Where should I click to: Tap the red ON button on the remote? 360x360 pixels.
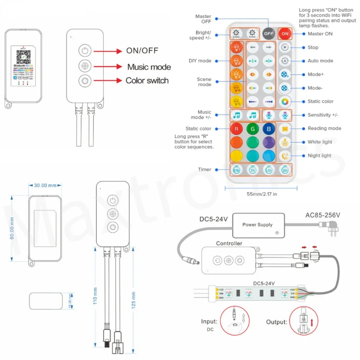point(285,34)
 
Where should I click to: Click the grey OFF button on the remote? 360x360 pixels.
point(269,34)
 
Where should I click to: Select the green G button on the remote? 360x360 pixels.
point(252,129)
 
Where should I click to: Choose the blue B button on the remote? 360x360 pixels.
point(269,129)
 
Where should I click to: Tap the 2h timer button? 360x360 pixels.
point(284,170)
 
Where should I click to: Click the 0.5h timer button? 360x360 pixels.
point(237,170)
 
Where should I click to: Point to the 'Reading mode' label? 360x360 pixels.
point(324,128)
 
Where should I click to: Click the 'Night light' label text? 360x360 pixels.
point(319,156)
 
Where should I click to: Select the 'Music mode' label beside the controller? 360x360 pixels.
point(149,67)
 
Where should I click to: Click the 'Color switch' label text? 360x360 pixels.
point(147,80)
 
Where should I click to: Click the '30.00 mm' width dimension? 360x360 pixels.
point(45,185)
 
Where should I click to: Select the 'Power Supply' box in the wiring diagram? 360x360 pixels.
point(257,225)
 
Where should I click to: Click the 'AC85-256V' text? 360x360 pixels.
point(323,215)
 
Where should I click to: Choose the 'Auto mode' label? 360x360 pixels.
point(320,61)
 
